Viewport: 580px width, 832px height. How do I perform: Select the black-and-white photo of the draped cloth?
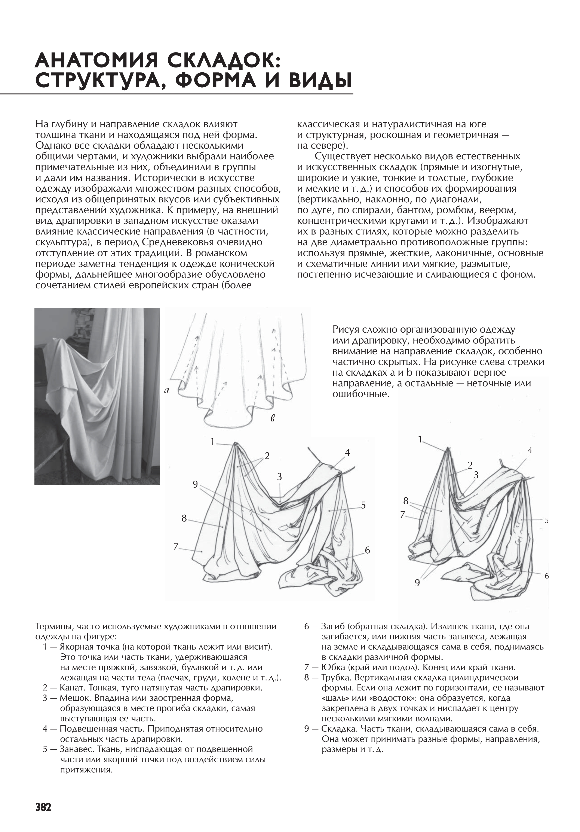97,396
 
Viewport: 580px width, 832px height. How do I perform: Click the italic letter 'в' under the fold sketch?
273,419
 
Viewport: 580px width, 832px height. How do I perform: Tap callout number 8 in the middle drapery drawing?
184,518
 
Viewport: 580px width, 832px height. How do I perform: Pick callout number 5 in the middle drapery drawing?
363,505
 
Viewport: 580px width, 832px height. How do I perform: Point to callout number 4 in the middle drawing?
347,452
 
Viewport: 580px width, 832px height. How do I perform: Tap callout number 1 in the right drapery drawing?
420,439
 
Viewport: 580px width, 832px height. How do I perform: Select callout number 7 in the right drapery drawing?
402,515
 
